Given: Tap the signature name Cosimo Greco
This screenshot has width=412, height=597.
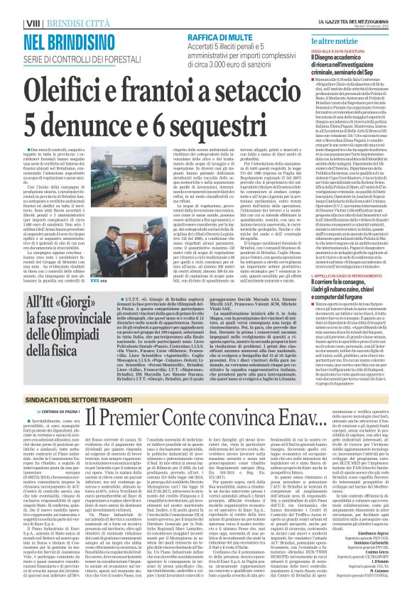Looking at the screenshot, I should point(384,549).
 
